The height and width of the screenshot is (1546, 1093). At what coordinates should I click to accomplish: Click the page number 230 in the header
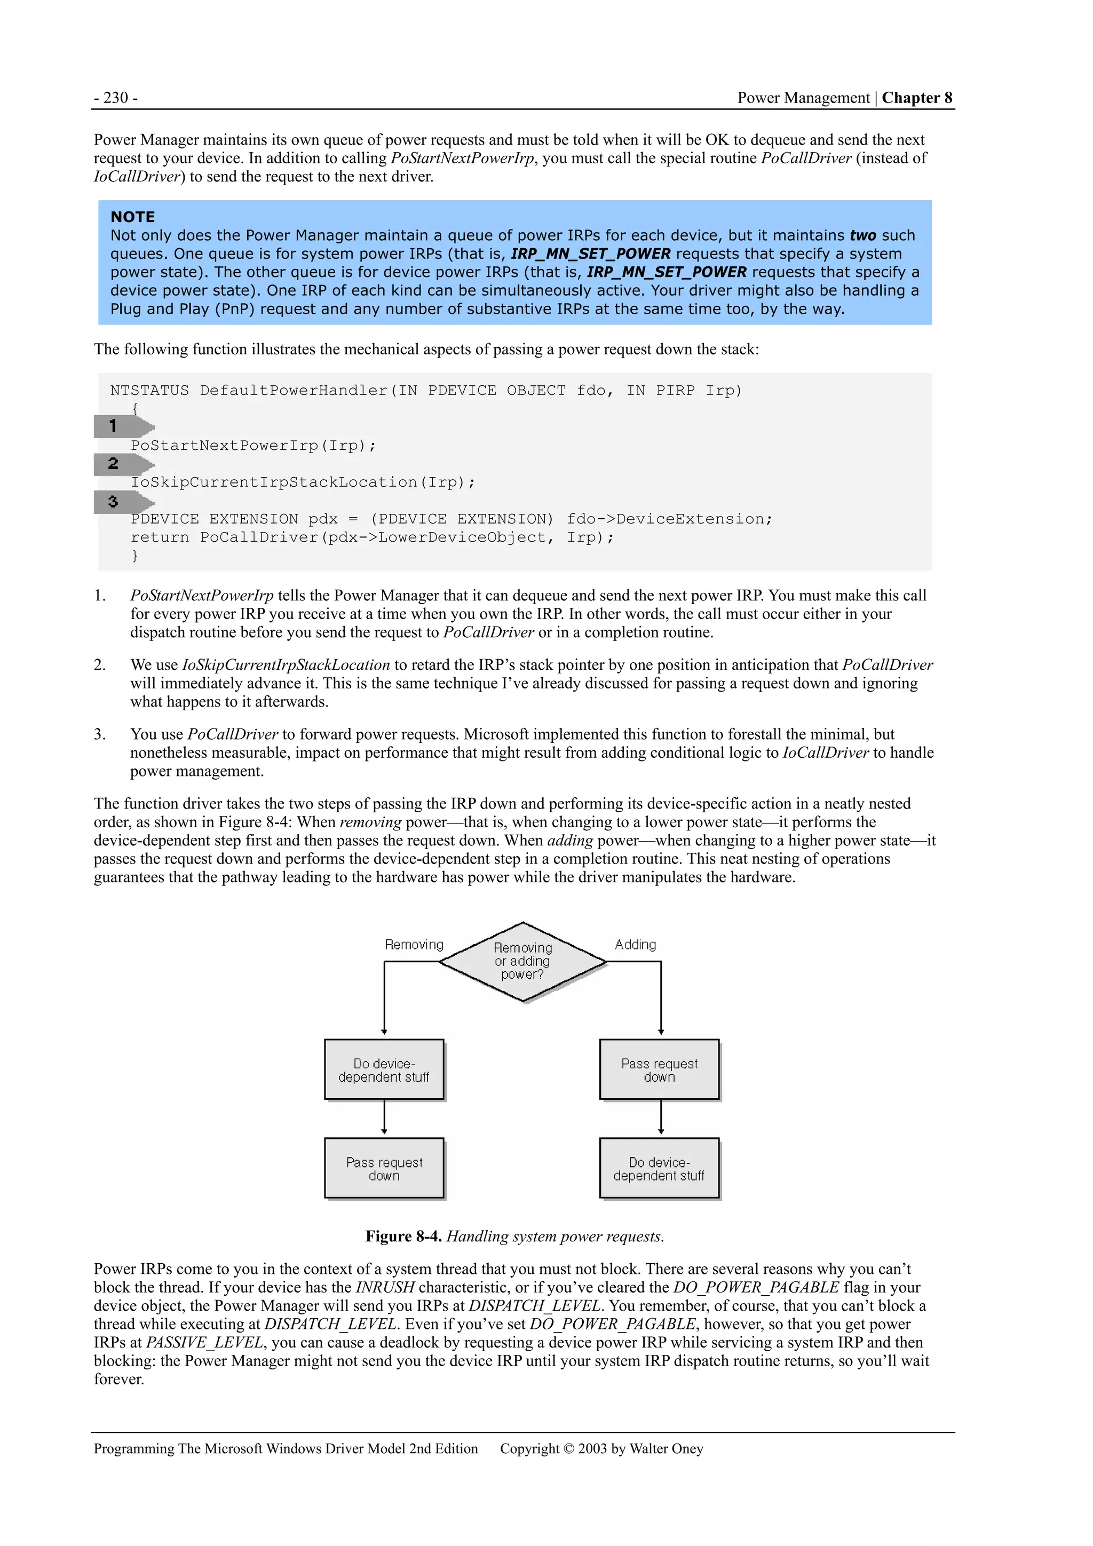coord(116,98)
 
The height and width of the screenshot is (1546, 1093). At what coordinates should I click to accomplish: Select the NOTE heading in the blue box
coord(133,217)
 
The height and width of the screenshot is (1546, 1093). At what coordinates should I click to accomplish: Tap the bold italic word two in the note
coord(862,236)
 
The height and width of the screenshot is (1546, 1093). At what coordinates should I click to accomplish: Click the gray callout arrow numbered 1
coord(122,426)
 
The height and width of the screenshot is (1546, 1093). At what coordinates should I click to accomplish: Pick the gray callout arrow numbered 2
coord(122,464)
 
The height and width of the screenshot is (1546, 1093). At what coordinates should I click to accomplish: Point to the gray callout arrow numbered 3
coord(122,502)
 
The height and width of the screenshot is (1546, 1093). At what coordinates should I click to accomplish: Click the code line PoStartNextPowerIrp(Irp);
coord(253,446)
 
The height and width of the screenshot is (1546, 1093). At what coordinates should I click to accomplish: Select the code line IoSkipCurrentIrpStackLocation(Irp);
coord(303,483)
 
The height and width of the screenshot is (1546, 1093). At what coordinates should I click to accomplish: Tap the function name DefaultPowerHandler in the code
coord(294,391)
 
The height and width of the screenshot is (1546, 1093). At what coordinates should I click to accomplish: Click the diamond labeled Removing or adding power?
coord(522,962)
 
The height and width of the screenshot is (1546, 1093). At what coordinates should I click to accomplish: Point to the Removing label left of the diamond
coord(414,945)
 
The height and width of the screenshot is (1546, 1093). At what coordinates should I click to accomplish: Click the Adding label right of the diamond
coord(635,945)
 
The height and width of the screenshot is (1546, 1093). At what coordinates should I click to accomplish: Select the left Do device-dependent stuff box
coord(384,1070)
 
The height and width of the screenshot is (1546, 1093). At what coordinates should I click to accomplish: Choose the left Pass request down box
coord(384,1169)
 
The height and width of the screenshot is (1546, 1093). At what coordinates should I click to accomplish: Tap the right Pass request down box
coord(659,1070)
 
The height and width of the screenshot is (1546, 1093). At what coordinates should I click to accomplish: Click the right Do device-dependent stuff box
coord(659,1169)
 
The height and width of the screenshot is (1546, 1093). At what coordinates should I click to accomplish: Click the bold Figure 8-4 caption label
coord(403,1236)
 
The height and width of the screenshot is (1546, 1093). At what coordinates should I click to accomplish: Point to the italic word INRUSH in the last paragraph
coord(385,1287)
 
